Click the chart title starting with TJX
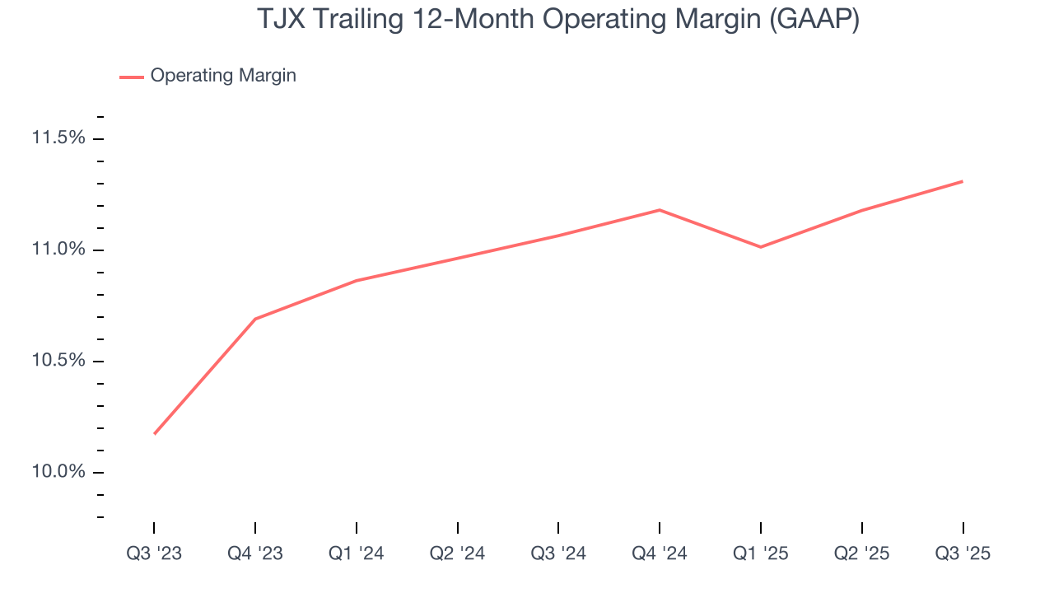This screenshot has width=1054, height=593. click(558, 19)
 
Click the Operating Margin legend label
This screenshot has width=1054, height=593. click(223, 76)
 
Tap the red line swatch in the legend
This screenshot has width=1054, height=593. click(132, 77)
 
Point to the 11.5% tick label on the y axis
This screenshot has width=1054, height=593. click(58, 138)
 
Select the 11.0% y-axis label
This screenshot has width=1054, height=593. click(58, 250)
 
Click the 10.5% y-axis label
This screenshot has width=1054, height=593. click(58, 361)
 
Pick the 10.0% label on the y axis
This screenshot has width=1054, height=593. click(58, 472)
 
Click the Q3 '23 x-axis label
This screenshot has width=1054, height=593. click(154, 553)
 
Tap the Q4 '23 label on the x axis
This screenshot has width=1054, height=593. click(255, 553)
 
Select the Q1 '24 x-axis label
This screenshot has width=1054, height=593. click(357, 553)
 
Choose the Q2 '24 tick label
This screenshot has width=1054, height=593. click(457, 553)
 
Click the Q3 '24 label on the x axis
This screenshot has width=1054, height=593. click(558, 553)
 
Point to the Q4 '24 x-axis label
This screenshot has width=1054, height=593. click(660, 553)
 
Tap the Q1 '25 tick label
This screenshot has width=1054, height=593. click(761, 553)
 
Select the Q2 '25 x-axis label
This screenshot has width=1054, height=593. click(861, 553)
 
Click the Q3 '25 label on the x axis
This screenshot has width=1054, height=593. click(963, 553)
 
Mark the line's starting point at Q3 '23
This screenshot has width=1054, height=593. click(155, 433)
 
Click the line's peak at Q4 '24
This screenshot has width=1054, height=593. click(660, 210)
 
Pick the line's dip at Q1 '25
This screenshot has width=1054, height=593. click(761, 247)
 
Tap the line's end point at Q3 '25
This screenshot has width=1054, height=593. click(962, 181)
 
